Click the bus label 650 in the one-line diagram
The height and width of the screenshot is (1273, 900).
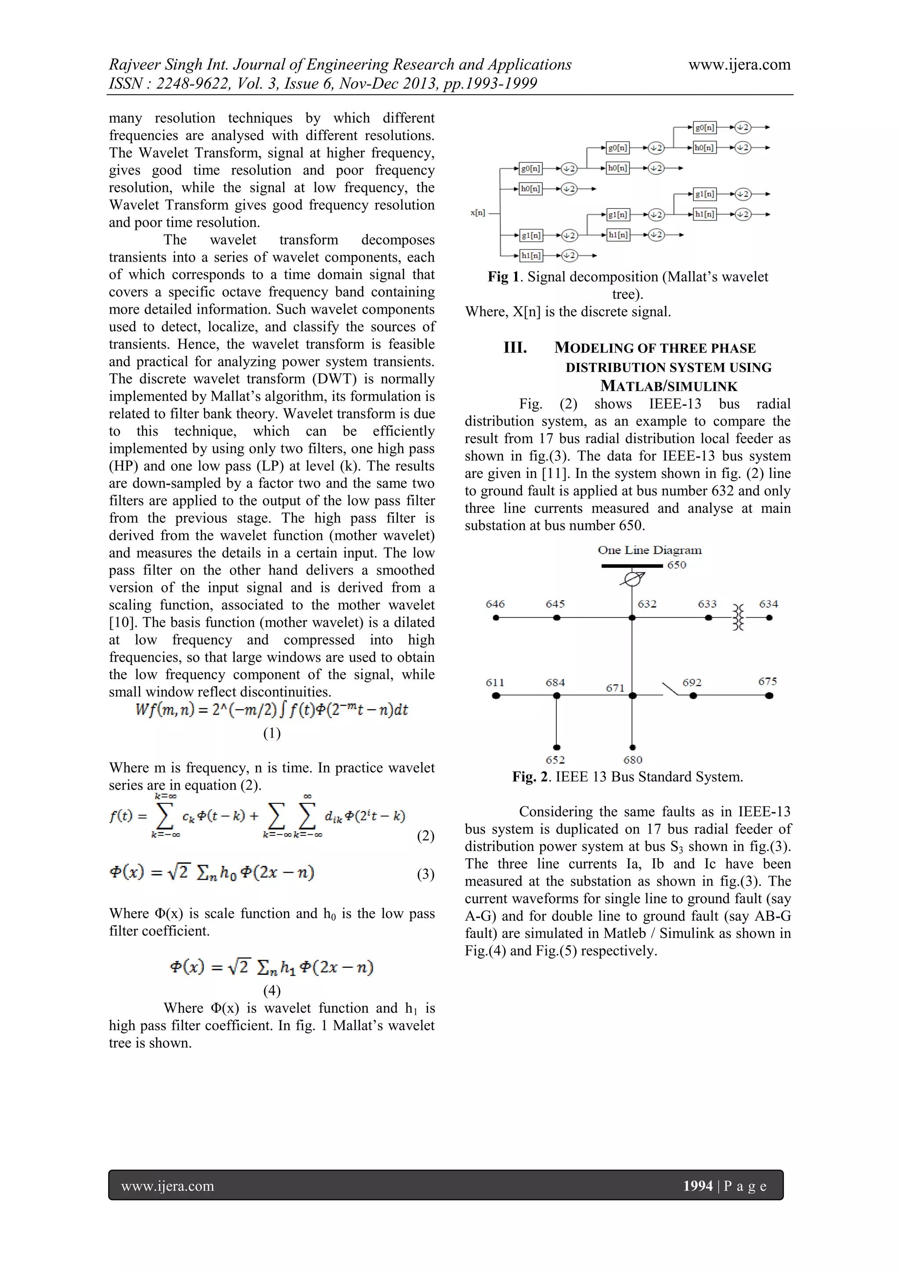(676, 565)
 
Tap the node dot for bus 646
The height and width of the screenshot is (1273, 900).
(496, 618)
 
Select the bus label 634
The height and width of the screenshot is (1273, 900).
(768, 604)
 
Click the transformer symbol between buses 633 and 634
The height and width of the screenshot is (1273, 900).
(738, 618)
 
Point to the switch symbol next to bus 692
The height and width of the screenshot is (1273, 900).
(671, 689)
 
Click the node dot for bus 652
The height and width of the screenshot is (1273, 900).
(556, 748)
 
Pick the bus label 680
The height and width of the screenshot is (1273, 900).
(632, 760)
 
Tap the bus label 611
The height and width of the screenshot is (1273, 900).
(495, 682)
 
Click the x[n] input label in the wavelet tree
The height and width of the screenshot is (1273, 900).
(478, 213)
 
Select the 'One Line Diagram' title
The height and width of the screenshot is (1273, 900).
(649, 550)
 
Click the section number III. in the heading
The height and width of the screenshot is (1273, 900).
(515, 348)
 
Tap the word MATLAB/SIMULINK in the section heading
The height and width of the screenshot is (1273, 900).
(669, 386)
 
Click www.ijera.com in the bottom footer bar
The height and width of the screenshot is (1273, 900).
(167, 1186)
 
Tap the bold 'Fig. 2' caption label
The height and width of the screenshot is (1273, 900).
(530, 777)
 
